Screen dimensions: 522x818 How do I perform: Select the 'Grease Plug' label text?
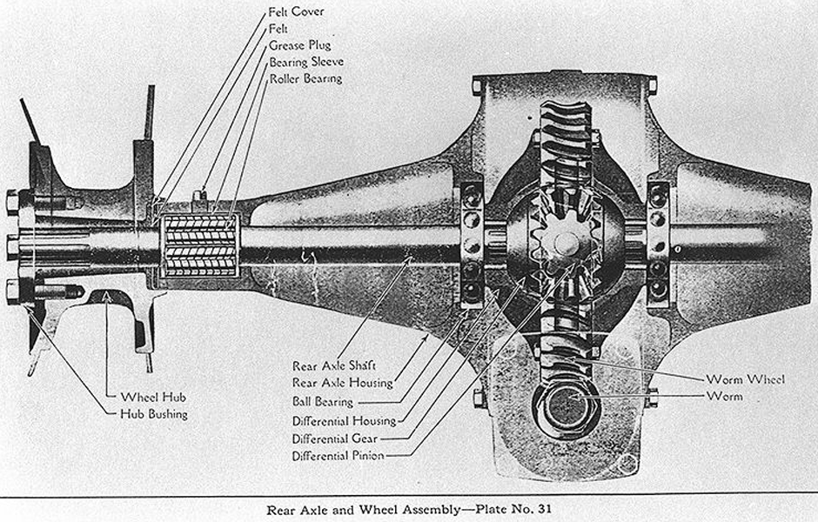(x=299, y=45)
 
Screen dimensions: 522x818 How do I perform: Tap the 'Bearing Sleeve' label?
(x=305, y=62)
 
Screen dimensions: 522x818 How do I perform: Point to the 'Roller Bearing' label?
(x=305, y=78)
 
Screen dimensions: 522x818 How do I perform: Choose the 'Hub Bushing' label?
(x=153, y=413)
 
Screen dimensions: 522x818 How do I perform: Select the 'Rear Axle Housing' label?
(x=343, y=384)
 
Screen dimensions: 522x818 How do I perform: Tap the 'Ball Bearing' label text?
(x=323, y=402)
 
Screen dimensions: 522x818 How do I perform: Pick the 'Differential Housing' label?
(x=344, y=421)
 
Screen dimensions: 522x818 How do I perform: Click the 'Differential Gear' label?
(x=333, y=438)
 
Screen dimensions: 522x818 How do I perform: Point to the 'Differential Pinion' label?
(x=338, y=456)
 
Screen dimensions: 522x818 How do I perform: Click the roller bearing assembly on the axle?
(x=201, y=244)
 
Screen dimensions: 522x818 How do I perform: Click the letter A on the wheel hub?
(x=107, y=298)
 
